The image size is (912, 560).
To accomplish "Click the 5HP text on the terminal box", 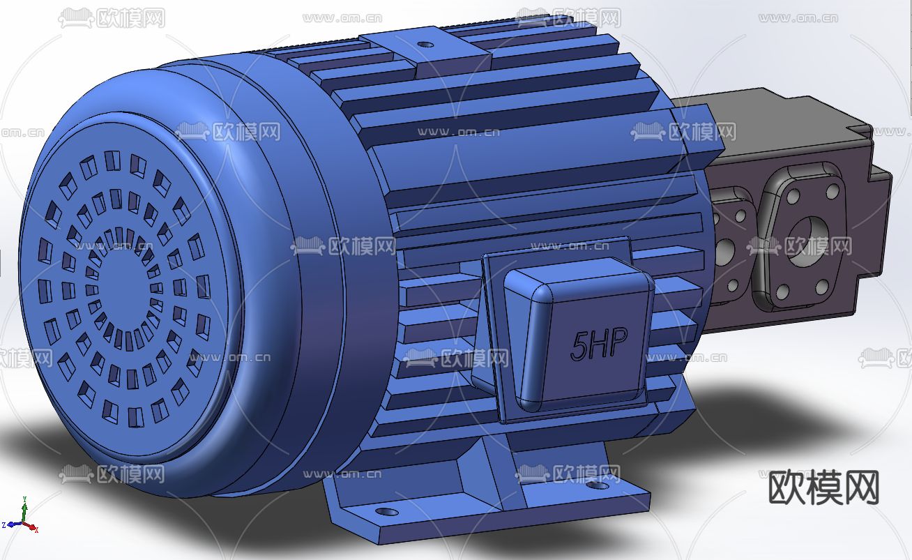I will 599,345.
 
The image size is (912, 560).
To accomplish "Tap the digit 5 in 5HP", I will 578,347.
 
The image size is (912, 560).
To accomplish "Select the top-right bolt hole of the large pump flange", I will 833,190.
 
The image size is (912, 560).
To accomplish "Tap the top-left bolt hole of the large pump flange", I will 793,196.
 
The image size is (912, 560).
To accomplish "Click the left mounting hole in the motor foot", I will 386,512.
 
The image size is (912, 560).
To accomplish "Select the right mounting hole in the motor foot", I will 596,483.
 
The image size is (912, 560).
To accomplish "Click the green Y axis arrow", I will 24,502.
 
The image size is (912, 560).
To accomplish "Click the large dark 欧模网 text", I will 823,487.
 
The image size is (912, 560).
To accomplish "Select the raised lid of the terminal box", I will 579,335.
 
